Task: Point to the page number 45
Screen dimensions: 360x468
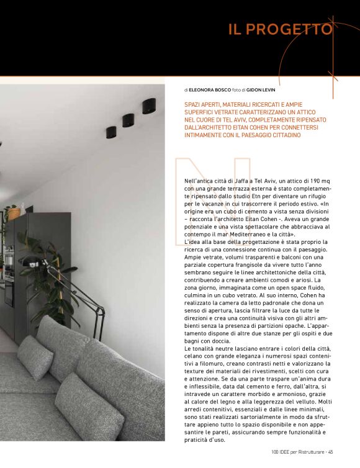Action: pyautogui.click(x=331, y=451)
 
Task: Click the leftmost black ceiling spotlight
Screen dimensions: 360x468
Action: pyautogui.click(x=110, y=132)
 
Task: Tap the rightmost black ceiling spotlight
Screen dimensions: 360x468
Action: pyautogui.click(x=148, y=106)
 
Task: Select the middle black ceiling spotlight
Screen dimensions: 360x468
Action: pyautogui.click(x=128, y=120)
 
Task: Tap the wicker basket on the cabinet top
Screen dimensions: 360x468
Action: pyautogui.click(x=14, y=213)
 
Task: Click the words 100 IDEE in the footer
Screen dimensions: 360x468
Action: pyautogui.click(x=281, y=451)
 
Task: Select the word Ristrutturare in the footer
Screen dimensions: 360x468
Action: pyautogui.click(x=310, y=451)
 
